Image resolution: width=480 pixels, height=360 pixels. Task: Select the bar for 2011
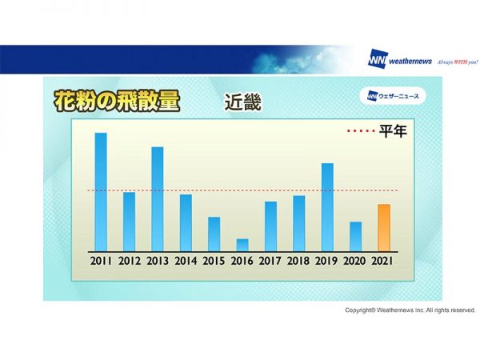click(101, 191)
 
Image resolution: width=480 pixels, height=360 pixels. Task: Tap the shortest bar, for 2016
click(242, 245)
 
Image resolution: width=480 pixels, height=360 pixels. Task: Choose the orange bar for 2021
click(383, 227)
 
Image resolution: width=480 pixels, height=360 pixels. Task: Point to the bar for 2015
click(214, 234)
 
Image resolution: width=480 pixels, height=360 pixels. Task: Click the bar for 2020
click(355, 236)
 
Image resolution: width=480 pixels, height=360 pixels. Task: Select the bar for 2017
click(270, 226)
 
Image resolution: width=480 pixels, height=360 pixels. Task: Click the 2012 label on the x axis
click(129, 261)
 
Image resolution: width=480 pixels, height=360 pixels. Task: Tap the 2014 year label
click(186, 261)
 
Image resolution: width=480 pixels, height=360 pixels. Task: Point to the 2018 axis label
click(298, 261)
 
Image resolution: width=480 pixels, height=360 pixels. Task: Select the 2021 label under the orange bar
click(383, 261)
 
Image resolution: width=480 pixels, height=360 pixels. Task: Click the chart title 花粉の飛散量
click(117, 102)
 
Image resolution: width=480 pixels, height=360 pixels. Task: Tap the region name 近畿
click(243, 102)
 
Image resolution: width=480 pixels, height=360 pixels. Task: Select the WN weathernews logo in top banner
click(400, 60)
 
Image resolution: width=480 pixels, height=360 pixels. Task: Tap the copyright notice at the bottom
click(410, 310)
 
